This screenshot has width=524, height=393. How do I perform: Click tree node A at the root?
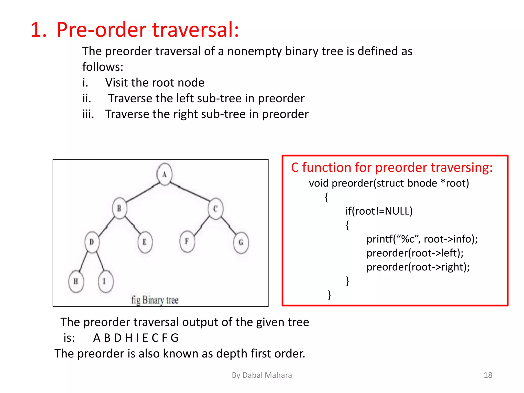[164, 174]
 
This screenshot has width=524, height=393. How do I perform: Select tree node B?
[119, 208]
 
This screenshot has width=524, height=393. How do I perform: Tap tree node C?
[215, 209]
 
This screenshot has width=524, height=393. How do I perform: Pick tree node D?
[92, 242]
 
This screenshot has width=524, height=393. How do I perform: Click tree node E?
[145, 242]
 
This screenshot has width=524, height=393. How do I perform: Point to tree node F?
[187, 242]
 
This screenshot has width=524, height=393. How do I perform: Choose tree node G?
[241, 242]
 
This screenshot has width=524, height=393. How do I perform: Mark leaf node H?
[76, 281]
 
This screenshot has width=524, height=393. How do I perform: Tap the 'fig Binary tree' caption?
[155, 300]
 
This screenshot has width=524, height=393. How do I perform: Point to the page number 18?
[488, 375]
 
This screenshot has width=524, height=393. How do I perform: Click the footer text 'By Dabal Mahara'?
[262, 375]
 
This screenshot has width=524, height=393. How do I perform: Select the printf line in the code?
[422, 239]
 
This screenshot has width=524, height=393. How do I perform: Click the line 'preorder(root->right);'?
[418, 267]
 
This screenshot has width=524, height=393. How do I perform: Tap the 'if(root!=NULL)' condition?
[379, 211]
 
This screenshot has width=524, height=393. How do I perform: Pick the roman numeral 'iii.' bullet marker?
[88, 114]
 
